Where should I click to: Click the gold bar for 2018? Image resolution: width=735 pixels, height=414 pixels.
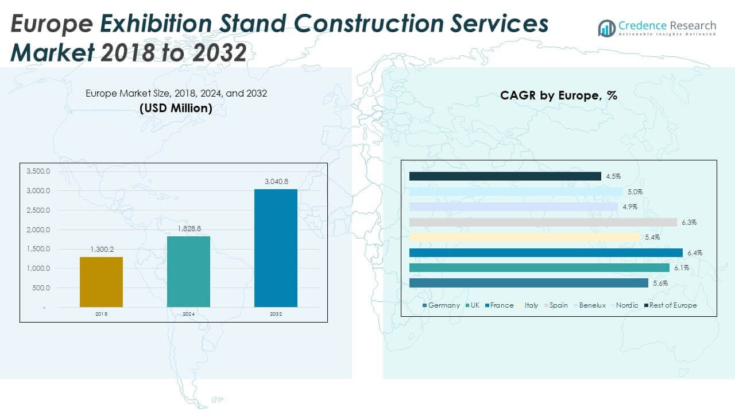(x=101, y=282)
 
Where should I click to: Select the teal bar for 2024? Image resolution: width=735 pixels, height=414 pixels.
(x=188, y=271)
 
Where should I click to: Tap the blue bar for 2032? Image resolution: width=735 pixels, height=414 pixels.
(x=276, y=248)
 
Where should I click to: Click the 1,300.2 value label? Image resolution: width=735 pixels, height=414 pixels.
(x=101, y=250)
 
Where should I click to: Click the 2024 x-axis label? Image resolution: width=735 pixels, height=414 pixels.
(x=188, y=314)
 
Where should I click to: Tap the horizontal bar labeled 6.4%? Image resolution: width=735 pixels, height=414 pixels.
(x=546, y=252)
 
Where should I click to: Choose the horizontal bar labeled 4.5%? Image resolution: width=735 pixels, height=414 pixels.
(x=505, y=177)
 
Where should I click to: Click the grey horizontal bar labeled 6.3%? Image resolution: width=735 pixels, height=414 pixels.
(x=543, y=222)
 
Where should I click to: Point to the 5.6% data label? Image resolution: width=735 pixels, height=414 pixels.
(x=659, y=283)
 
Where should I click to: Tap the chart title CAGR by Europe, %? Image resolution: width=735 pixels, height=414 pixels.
(x=558, y=96)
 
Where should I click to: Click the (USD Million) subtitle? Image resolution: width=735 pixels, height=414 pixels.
(x=176, y=108)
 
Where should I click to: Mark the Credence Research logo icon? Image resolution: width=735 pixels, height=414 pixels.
(x=606, y=28)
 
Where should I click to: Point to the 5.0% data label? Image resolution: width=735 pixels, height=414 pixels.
(x=635, y=192)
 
